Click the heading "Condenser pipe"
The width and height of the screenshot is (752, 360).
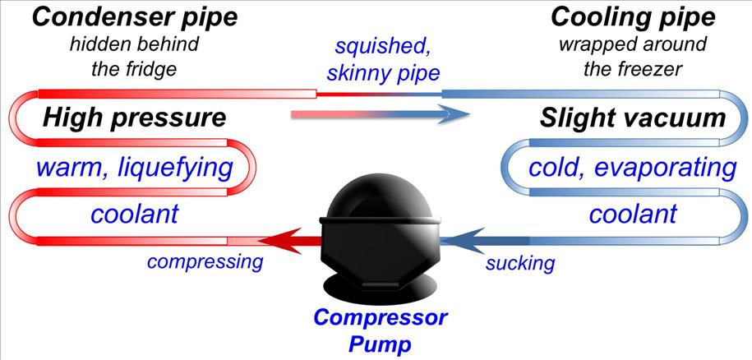pos(123,16)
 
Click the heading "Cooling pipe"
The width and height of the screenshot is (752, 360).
pos(633,16)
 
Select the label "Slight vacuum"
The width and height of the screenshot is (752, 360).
pos(633,118)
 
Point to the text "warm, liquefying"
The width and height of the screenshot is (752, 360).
pos(136,169)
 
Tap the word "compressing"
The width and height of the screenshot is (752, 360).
pos(205,262)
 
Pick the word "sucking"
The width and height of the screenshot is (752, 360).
pos(519,263)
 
